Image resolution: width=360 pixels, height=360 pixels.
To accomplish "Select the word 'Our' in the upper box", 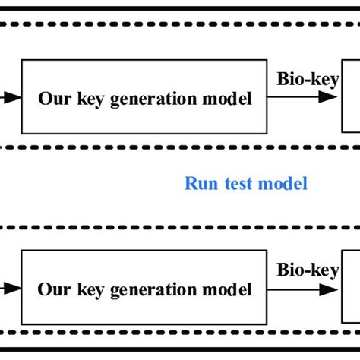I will click(x=52, y=98).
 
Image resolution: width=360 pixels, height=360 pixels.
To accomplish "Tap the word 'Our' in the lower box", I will click(x=52, y=290).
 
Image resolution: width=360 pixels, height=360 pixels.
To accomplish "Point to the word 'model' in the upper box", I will click(x=228, y=98).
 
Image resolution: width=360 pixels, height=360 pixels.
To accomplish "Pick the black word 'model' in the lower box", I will click(x=228, y=290).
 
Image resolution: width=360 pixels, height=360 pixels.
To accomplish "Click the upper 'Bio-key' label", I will click(x=308, y=80).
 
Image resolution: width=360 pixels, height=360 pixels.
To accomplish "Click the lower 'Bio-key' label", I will click(x=308, y=270).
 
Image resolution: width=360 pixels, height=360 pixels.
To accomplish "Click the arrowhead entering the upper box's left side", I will click(x=13, y=97).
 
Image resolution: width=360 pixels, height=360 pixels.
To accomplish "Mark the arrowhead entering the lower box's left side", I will click(x=13, y=289).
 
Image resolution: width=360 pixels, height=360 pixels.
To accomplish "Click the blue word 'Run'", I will click(x=199, y=183).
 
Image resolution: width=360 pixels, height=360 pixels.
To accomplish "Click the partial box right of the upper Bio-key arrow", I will click(x=350, y=97).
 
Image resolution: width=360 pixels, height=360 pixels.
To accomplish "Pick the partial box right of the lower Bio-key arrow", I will click(x=350, y=289).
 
